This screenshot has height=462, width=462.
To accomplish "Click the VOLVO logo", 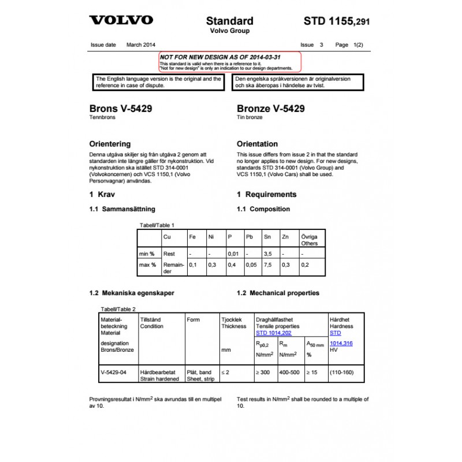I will point(121,20).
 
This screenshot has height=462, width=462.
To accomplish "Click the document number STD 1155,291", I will point(336,22).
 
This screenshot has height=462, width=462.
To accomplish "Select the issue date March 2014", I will point(141,44).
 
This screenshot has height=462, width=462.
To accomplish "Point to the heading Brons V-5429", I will point(121,109).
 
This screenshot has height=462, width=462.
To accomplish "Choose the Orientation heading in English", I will point(257,144).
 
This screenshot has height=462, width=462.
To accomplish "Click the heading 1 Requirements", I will point(267,195).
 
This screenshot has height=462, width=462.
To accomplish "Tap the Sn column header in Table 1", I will point(267,237).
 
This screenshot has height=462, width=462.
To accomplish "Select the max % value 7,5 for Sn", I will point(267,264).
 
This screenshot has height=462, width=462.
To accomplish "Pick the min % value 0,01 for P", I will point(233,254).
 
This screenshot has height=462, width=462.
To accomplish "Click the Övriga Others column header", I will point(310,240).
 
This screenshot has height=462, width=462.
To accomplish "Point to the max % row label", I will point(147,264).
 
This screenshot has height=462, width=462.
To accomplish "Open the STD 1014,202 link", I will point(274,333).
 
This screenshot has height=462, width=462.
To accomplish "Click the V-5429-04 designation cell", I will point(113,372).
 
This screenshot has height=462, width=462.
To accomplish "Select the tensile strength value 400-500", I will point(289,372).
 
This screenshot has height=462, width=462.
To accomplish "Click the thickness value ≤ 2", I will point(225,372).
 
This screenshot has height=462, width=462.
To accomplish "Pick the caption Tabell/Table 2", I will point(118,309).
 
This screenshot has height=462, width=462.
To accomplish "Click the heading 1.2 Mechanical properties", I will point(278,293).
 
